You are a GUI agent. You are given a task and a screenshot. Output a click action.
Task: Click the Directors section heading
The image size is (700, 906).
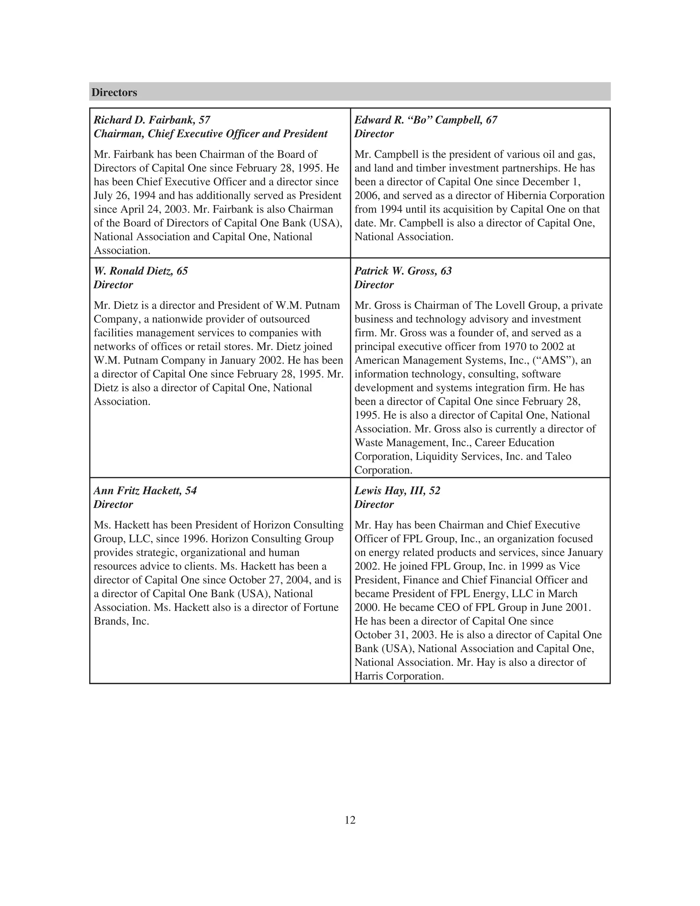coord(114,93)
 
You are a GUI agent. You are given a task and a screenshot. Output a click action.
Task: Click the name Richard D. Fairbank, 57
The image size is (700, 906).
coord(152,120)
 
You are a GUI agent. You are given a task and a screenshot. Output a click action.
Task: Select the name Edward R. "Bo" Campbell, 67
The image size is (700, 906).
coord(426,120)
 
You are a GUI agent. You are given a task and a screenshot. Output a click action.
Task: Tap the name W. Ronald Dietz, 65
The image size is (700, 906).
coord(140,271)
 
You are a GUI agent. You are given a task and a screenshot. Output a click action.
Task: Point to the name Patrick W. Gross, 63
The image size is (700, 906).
coord(403,271)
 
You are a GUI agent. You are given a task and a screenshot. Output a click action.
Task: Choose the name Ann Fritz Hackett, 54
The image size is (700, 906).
coord(145,490)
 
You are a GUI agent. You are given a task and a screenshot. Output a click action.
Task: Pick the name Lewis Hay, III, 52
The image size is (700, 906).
coord(397,490)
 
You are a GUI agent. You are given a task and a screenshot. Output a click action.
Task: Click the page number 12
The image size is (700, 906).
coord(350,820)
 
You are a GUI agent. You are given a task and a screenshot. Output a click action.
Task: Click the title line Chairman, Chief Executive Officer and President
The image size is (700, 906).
coord(210,134)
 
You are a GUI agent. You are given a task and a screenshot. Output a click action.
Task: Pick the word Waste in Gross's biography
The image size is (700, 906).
coord(367,443)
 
